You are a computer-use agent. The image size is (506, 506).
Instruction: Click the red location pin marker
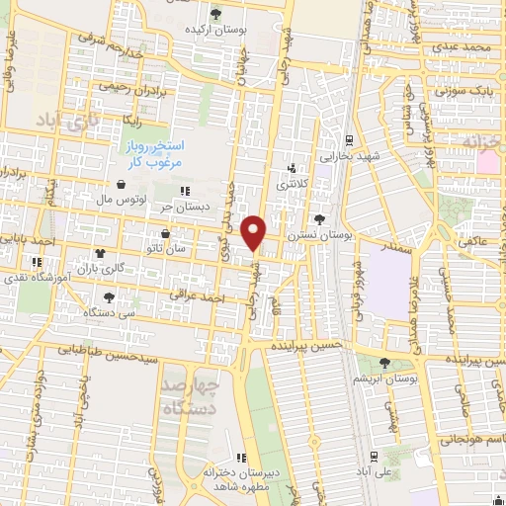click(x=255, y=233)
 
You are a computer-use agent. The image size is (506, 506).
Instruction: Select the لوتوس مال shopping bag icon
click(x=121, y=185)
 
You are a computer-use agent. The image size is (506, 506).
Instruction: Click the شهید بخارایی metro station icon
click(x=349, y=139)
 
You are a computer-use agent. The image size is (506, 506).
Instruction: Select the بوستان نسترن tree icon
click(x=319, y=219)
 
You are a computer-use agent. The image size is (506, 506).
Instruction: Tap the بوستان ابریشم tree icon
click(x=385, y=364)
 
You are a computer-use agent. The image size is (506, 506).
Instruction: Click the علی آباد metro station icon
click(x=373, y=457)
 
